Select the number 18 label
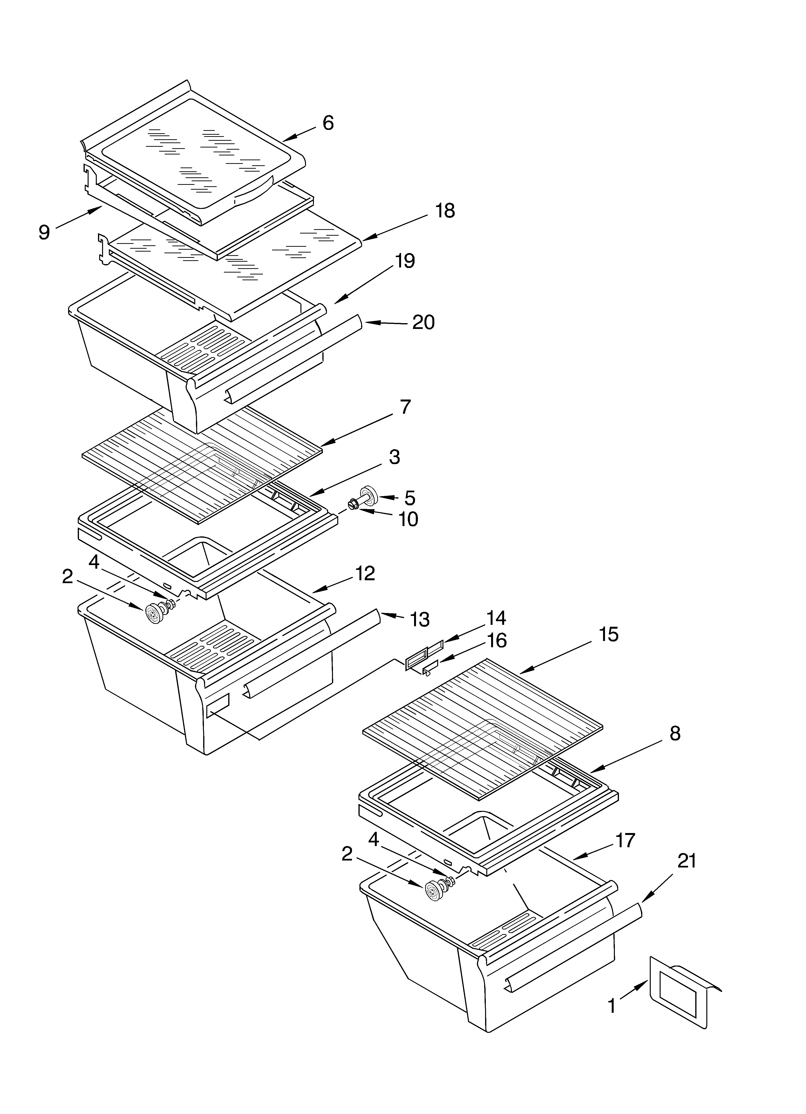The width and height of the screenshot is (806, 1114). pyautogui.click(x=445, y=211)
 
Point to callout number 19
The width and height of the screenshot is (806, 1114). pyautogui.click(x=405, y=261)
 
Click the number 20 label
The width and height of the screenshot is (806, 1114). pyautogui.click(x=423, y=323)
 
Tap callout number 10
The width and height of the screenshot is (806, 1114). pyautogui.click(x=408, y=519)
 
